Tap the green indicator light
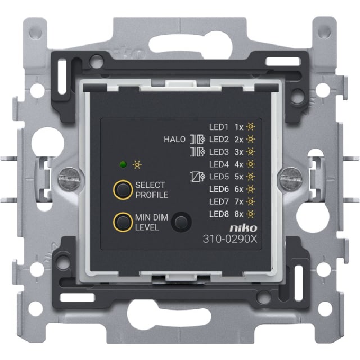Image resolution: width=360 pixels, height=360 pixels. pos(123,165)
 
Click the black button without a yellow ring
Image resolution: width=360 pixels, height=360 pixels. pos(181,222)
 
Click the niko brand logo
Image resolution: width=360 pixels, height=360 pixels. pos(244,228)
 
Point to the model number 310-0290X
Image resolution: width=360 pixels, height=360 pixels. pos(230,239)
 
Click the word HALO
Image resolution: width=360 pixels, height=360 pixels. pos(174,139)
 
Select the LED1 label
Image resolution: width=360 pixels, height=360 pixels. pos(219,127)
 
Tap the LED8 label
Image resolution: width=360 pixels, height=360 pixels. pos(219,214)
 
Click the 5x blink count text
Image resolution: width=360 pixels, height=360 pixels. pos(238,177)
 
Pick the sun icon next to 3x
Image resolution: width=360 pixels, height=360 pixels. pos(250,152)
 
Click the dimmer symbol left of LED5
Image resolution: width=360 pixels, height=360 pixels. pos(197,177)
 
